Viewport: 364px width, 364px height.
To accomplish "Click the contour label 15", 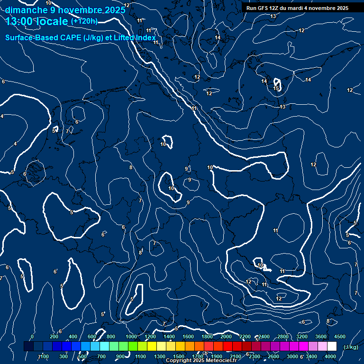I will click(x=276, y=88).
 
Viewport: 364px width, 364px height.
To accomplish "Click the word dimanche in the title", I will click(x=26, y=9).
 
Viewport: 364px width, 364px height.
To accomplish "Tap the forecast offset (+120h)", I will click(x=84, y=21).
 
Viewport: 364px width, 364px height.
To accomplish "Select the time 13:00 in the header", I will click(x=20, y=21).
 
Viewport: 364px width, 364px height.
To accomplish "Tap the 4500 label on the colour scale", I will click(x=339, y=336).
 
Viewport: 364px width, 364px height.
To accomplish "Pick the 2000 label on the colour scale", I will click(x=226, y=336).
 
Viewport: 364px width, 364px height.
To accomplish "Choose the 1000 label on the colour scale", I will click(x=131, y=336).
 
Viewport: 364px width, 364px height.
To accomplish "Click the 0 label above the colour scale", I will click(x=32, y=336).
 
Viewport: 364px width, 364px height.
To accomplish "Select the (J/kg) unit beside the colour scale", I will click(x=350, y=347).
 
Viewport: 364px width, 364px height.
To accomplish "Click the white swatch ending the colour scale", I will click(x=331, y=346).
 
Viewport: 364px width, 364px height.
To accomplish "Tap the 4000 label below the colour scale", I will click(x=330, y=356).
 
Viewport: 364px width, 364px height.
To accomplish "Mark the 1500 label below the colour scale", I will click(x=179, y=356).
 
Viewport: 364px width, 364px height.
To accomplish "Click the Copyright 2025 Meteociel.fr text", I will click(x=201, y=361).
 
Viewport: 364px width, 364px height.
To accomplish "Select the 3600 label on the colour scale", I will click(x=320, y=336).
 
